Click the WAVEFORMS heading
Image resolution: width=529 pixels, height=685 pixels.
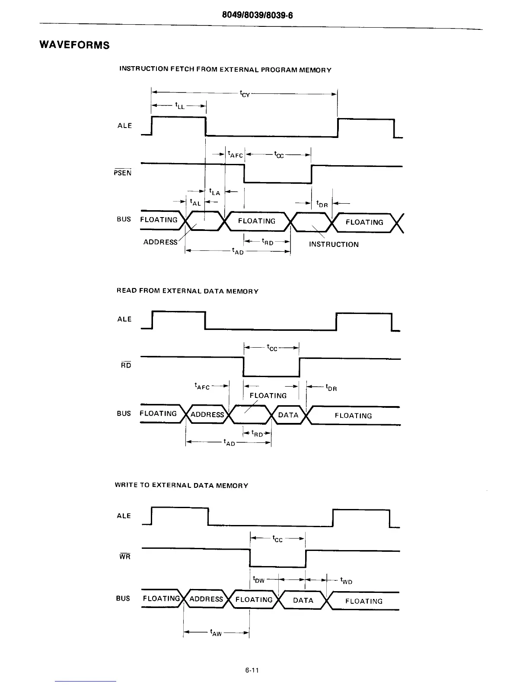(74, 45)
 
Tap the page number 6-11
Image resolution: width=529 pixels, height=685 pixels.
(251, 671)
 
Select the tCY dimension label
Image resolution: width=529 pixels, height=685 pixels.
(245, 94)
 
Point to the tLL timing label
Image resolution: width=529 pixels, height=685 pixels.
(179, 105)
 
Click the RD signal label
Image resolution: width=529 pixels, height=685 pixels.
(126, 365)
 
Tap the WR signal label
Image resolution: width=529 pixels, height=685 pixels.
(125, 557)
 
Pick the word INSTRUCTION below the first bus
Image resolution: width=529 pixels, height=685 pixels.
(334, 244)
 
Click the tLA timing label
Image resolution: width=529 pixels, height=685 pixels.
(214, 192)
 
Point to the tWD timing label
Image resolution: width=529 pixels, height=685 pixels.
(346, 581)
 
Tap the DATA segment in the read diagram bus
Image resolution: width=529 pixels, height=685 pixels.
(288, 415)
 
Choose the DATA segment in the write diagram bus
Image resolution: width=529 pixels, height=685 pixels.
(303, 600)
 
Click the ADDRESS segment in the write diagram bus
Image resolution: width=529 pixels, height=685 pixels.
(206, 599)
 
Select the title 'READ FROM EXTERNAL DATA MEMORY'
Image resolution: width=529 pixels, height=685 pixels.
(188, 291)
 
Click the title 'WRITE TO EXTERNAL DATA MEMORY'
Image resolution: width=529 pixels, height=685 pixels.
(182, 486)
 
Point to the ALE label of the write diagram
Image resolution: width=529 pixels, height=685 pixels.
(124, 516)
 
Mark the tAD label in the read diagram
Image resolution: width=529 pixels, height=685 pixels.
(229, 443)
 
